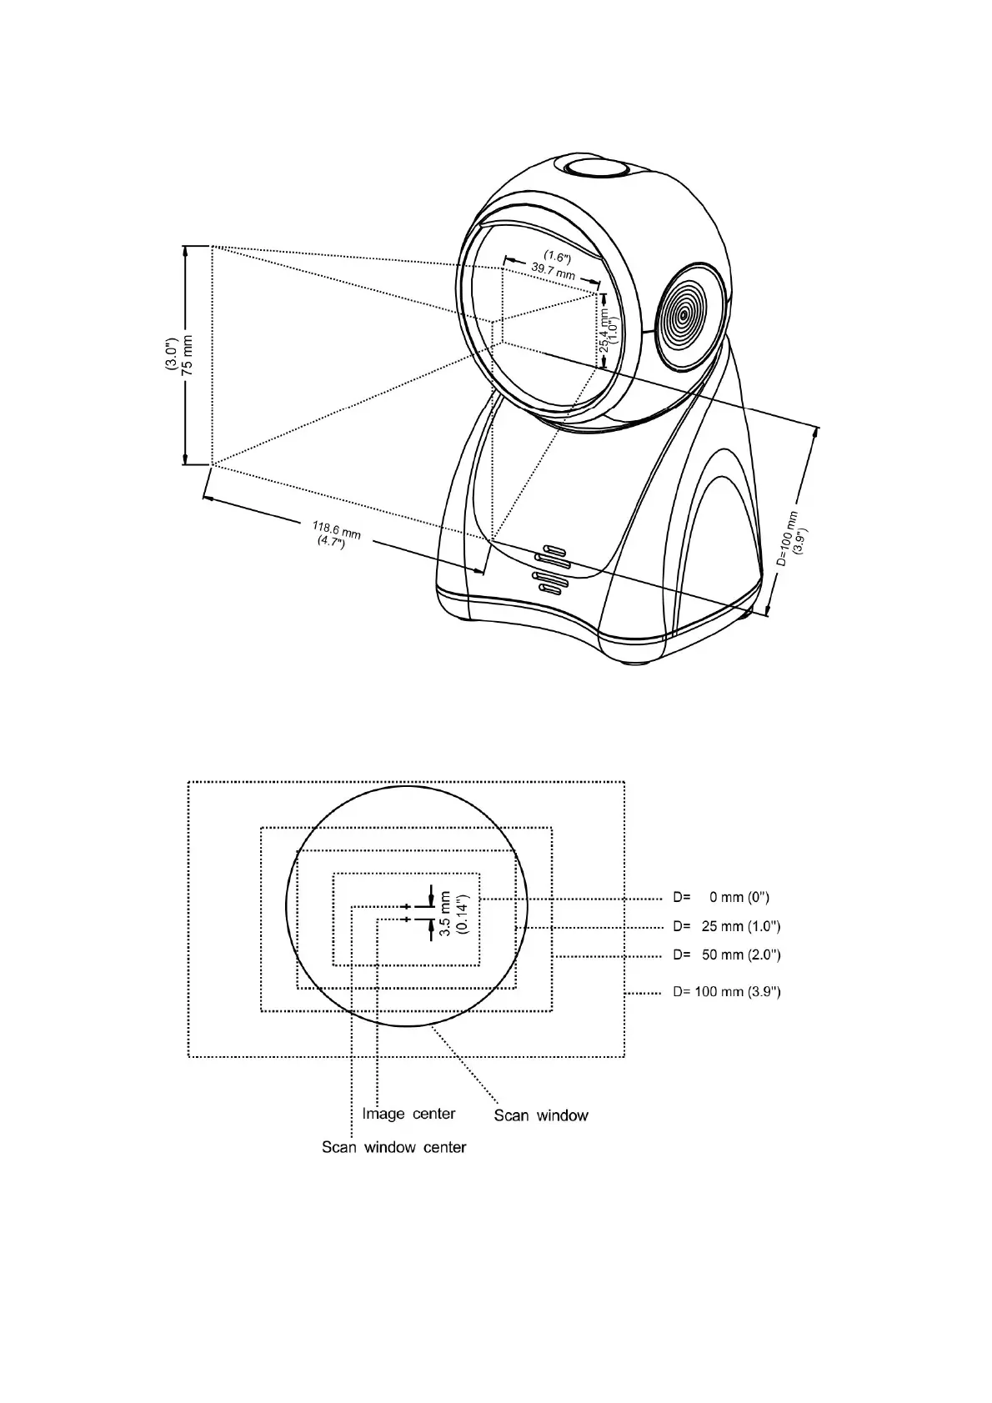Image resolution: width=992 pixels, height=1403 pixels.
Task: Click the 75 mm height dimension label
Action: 188,355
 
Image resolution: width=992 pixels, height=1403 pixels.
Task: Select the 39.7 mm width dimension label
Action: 553,271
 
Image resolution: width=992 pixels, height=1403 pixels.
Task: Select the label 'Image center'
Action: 408,1114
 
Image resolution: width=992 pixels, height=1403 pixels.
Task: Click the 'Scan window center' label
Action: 393,1147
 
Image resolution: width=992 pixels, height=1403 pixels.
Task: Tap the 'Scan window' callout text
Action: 541,1115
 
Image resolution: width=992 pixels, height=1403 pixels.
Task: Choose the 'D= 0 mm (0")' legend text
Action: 722,898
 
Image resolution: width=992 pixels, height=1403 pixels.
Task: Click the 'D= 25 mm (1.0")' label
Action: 727,926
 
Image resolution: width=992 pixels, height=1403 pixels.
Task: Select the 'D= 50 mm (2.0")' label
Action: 727,955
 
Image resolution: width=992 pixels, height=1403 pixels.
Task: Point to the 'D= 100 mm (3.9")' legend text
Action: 727,992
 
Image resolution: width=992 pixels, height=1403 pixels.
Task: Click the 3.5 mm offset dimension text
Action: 445,914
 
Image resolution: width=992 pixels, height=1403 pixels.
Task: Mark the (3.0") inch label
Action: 170,355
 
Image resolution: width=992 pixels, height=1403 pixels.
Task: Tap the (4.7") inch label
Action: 331,542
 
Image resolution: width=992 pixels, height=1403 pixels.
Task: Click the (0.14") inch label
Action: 464,914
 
